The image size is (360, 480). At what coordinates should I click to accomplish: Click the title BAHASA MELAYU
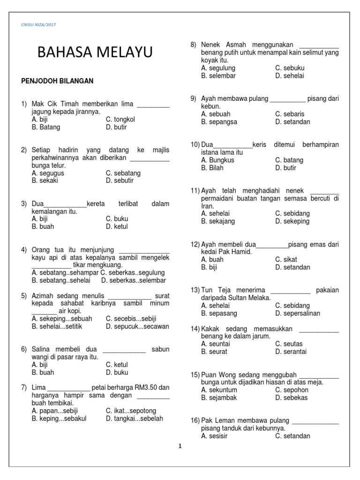[x=95, y=53]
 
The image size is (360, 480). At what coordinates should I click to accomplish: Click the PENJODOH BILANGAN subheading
[x=58, y=81]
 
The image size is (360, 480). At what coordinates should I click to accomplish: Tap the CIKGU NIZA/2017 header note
[x=39, y=24]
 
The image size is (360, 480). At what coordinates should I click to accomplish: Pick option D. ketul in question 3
[x=117, y=226]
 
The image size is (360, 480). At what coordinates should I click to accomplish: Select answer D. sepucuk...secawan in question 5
[x=137, y=326]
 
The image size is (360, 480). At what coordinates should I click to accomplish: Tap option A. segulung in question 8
[x=218, y=68]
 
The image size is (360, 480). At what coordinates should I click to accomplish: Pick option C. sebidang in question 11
[x=292, y=214]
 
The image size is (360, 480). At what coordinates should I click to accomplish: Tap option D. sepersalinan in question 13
[x=298, y=313]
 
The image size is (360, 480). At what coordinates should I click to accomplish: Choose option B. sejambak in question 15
[x=219, y=397]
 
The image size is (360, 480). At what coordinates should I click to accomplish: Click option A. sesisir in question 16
[x=215, y=436]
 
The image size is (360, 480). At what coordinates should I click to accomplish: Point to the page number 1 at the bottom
[x=180, y=447]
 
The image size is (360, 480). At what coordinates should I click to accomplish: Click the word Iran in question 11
[x=207, y=206]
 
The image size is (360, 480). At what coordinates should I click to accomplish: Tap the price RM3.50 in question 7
[x=147, y=388]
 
